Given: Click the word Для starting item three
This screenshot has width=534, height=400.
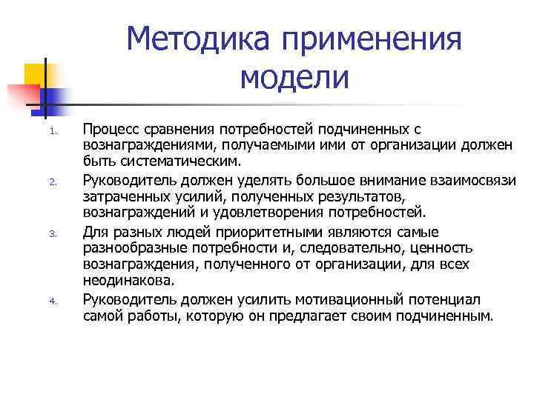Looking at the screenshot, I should click(x=95, y=230).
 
